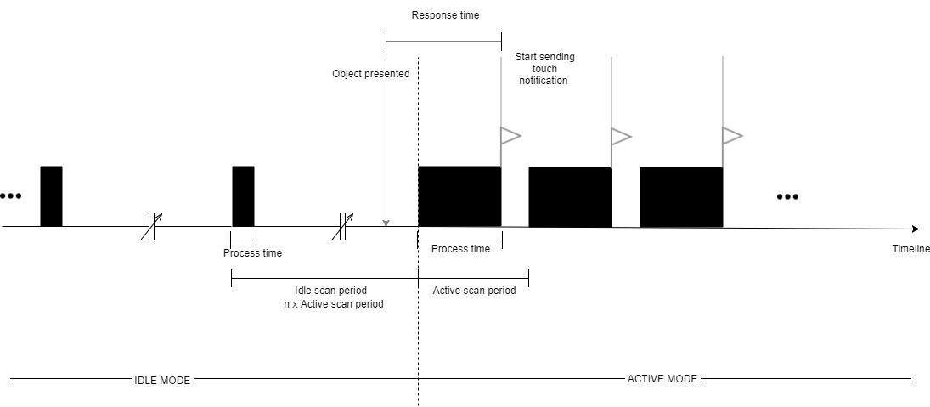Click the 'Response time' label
click(445, 15)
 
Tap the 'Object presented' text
click(370, 74)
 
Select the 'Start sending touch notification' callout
click(544, 69)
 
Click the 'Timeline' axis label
click(910, 248)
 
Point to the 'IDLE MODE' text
click(162, 380)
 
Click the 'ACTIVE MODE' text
click(662, 379)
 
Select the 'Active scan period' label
click(474, 291)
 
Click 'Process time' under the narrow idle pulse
click(252, 253)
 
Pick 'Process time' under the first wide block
click(460, 249)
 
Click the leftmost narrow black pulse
click(51, 196)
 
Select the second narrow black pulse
click(243, 196)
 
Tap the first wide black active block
click(459, 196)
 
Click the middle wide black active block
click(570, 197)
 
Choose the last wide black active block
click(681, 197)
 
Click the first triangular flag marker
click(509, 135)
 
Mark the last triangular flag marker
click(730, 135)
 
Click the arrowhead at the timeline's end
click(915, 229)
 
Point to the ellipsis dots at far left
click(10, 196)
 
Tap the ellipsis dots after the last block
click(787, 197)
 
